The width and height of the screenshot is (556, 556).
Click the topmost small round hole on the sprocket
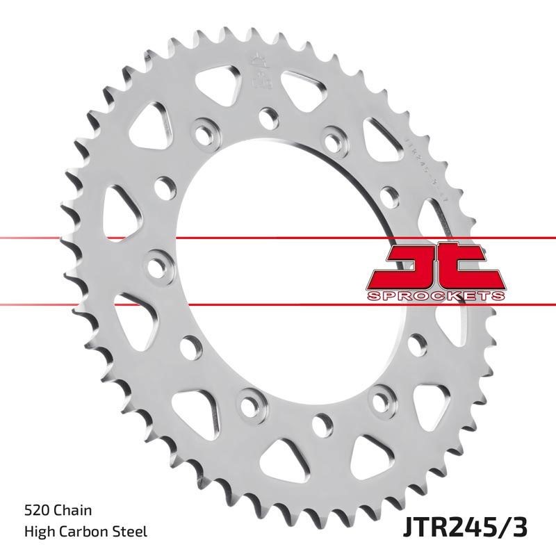point(265,113)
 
